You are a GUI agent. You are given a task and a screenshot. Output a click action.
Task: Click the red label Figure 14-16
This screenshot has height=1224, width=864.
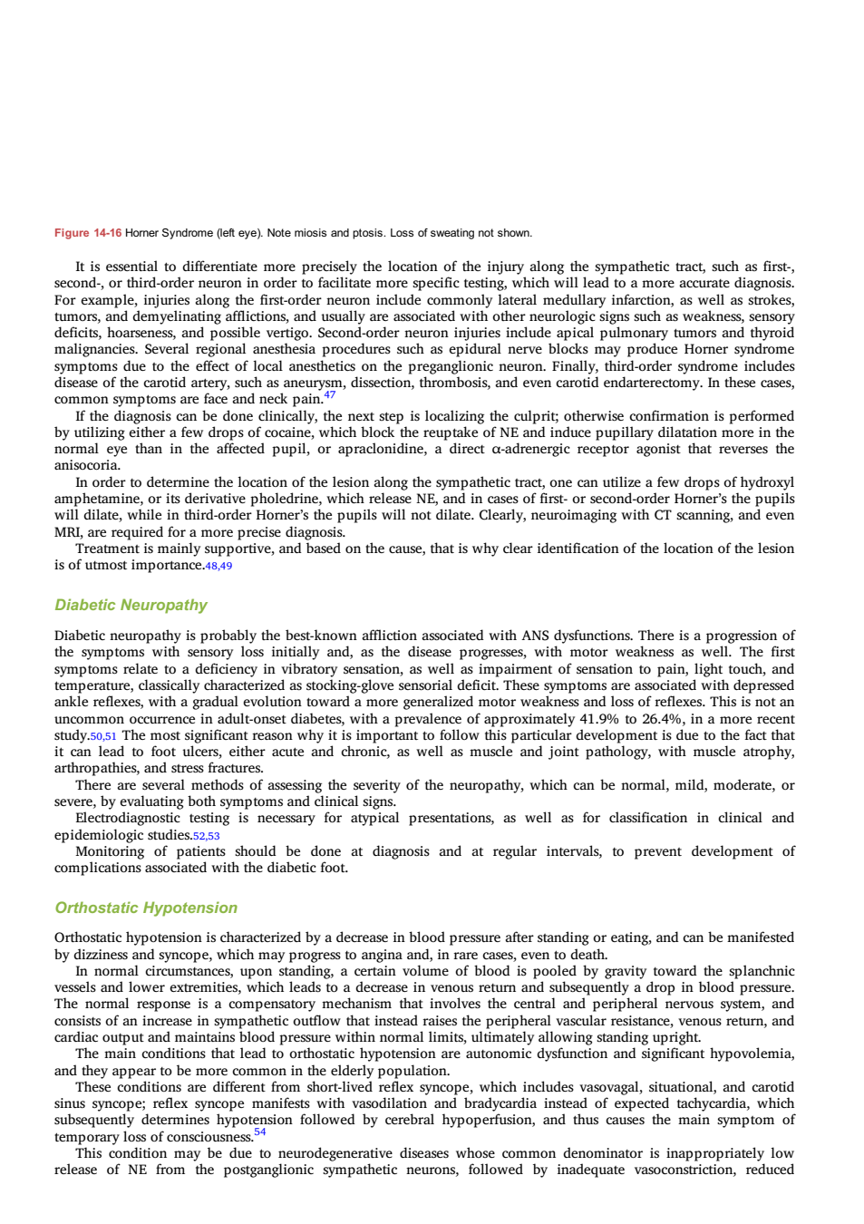click(x=87, y=233)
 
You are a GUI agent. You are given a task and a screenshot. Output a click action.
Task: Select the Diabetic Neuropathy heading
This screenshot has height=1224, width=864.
click(x=131, y=605)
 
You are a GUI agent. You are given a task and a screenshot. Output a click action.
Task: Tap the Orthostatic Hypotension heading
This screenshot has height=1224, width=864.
click(x=146, y=908)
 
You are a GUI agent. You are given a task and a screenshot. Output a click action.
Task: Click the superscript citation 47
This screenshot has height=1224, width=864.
click(x=329, y=394)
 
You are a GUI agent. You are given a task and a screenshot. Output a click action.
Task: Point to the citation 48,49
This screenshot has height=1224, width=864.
click(x=218, y=566)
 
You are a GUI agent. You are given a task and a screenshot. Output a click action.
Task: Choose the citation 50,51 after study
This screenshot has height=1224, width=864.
click(x=103, y=736)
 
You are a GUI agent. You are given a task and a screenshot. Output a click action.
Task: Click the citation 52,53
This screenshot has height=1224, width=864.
click(x=206, y=836)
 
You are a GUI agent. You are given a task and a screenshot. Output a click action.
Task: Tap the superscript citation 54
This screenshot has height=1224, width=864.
click(x=260, y=1132)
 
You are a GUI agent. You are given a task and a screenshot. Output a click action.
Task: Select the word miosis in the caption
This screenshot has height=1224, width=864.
click(x=310, y=233)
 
